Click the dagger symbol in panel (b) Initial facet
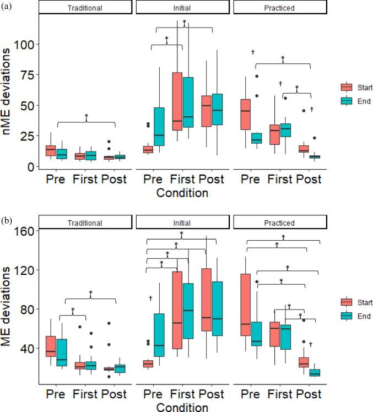(x=150, y=298)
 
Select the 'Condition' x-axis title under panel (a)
(x=182, y=193)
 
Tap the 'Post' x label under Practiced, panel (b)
(x=310, y=394)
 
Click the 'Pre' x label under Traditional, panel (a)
(x=55, y=180)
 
